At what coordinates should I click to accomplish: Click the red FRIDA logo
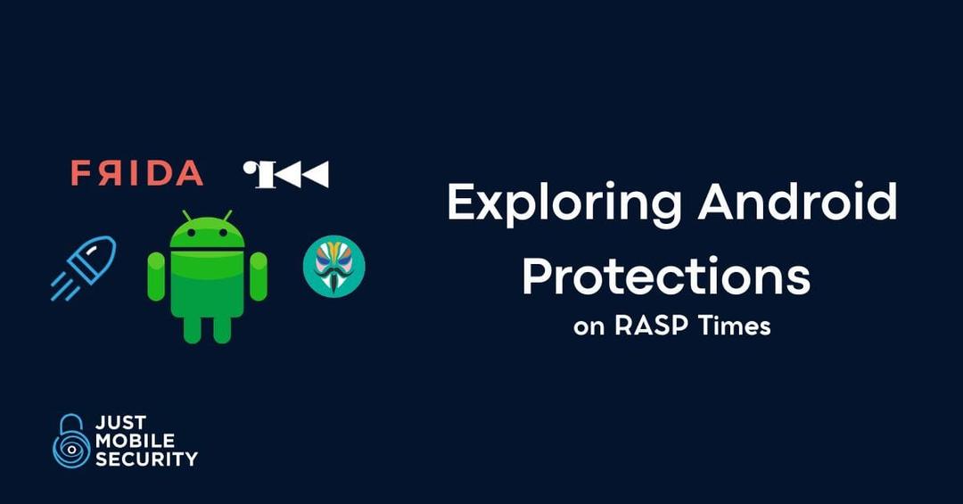136,173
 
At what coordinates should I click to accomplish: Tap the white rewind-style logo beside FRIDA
285,174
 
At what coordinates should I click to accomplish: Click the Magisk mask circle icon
333,267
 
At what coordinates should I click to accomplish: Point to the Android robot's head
207,235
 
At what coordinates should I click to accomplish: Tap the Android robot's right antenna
227,217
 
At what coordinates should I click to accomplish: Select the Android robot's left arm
156,277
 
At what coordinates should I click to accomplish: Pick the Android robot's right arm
259,277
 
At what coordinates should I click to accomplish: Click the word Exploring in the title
564,204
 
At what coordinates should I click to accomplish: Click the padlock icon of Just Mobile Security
71,441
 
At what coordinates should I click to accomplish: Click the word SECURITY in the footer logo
145,459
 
